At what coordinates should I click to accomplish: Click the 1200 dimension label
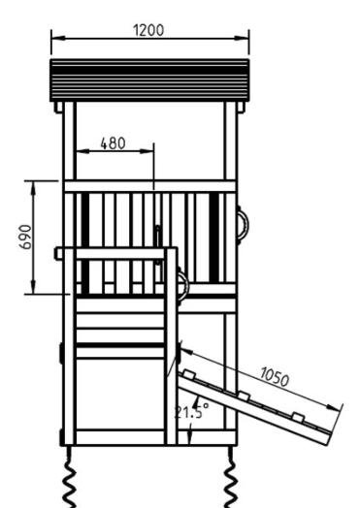pos(148,30)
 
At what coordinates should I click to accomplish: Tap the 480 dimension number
pos(113,143)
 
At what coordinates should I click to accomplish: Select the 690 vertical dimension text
pos(25,237)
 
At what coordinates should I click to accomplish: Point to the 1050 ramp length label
pos(275,377)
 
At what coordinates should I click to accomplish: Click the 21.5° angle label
pos(192,411)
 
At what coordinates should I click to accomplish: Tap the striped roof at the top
pos(149,80)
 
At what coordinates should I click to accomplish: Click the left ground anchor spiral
pos(70,477)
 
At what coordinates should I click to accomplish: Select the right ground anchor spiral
pos(231,477)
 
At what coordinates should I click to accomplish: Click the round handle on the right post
pos(244,225)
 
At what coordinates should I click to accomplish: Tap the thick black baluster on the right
pos(213,238)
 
